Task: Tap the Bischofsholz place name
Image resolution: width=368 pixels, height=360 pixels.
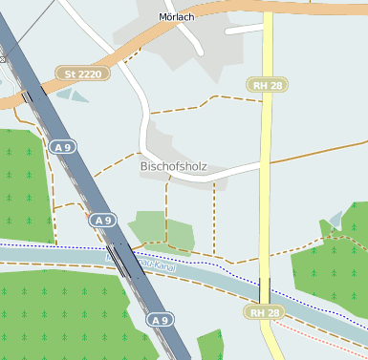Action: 173,167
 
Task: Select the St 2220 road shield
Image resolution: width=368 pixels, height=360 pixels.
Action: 82,73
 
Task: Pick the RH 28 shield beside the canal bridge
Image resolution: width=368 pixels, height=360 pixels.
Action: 265,312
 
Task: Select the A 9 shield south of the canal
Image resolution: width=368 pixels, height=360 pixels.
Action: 161,320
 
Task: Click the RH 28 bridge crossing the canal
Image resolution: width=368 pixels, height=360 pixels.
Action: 265,287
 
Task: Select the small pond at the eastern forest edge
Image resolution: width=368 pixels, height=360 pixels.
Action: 334,221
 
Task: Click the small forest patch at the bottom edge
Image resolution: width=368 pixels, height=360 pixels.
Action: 209,345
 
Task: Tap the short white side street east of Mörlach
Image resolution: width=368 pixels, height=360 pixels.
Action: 243,30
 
